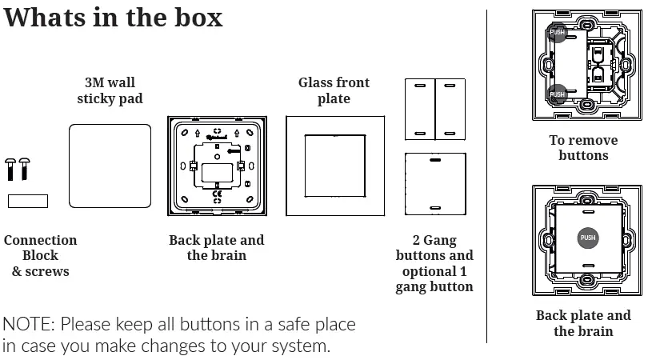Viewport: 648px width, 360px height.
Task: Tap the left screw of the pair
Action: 10,168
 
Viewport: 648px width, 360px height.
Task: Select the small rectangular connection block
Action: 28,201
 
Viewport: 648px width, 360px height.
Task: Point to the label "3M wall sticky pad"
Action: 110,90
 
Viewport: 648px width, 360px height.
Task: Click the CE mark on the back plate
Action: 217,192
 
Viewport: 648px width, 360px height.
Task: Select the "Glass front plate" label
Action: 334,90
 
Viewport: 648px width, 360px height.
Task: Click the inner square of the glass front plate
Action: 335,166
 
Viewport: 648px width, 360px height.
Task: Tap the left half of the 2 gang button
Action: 419,110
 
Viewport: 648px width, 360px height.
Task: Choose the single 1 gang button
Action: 434,182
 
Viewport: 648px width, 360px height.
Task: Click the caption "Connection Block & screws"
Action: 40,255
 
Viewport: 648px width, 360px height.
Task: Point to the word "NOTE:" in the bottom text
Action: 29,325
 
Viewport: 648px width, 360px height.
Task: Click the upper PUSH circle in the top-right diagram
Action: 558,33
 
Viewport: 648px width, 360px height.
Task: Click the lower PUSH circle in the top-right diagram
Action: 558,94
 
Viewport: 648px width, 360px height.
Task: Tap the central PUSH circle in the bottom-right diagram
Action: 587,238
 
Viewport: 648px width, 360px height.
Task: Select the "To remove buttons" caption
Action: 583,147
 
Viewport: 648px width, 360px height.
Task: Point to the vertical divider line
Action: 486,176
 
